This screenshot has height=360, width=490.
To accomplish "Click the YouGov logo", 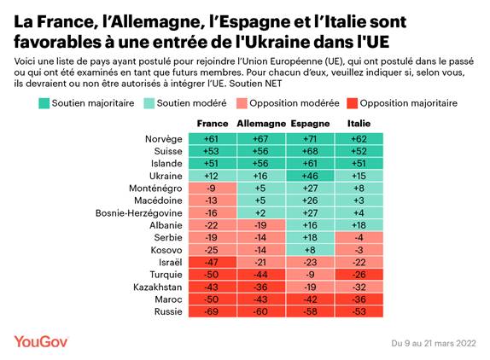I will point(40,341).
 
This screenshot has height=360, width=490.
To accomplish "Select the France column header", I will point(213,124).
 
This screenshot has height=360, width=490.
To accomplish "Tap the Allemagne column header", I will point(260,124).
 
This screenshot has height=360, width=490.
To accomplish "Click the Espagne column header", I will point(311,124).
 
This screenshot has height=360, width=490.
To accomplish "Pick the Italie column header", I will point(359,124).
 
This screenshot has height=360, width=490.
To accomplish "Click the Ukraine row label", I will point(165,176).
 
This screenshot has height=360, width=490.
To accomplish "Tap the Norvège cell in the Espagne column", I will point(311,139).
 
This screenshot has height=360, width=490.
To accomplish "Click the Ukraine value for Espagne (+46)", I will point(311,176).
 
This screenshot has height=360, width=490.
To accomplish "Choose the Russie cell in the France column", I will point(213,311).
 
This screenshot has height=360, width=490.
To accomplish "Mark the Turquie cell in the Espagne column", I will point(311,275).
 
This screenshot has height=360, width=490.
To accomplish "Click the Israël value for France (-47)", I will point(213,263).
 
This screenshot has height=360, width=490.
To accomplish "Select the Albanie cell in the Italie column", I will point(359,225).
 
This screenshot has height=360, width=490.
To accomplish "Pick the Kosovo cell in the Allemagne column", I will point(260,250).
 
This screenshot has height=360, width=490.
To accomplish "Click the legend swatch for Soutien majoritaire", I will point(44,103).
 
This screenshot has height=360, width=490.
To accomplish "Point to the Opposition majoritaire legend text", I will point(408,103).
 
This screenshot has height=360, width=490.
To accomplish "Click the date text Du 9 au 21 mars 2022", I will point(435,343).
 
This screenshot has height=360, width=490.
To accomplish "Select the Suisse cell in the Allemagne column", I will point(260,151).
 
